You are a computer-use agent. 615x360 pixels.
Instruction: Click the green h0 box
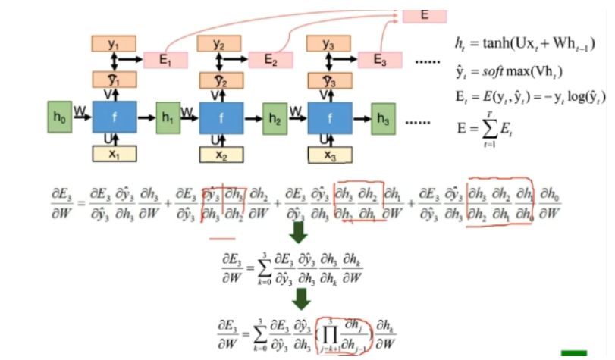point(59,117)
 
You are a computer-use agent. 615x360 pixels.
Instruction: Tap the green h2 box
point(275,117)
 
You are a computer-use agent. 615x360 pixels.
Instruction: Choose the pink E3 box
point(380,61)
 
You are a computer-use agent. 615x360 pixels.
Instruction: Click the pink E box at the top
point(423,14)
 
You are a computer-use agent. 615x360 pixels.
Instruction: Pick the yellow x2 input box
point(221,155)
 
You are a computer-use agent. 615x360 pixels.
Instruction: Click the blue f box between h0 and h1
point(114,117)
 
